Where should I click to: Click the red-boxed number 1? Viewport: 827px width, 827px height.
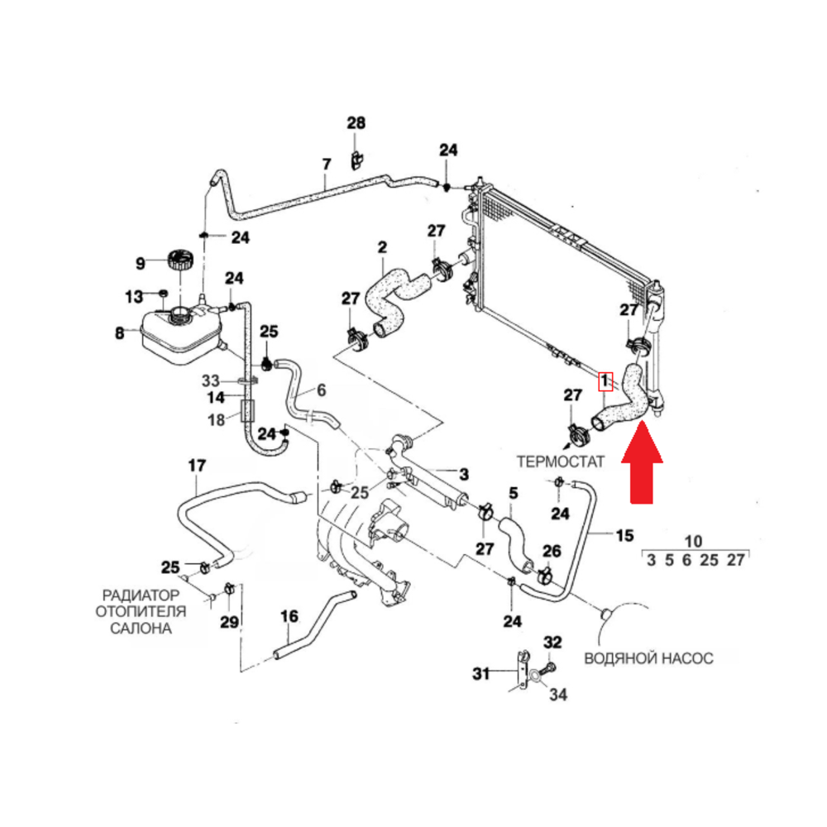tap(606, 381)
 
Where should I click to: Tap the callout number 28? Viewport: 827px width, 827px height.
tap(356, 123)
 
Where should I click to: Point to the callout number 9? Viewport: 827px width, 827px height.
tap(141, 264)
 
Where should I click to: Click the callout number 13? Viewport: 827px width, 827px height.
tap(134, 295)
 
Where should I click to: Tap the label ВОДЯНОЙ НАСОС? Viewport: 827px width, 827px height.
tap(648, 658)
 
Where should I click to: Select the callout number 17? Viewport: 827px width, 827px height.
tap(196, 466)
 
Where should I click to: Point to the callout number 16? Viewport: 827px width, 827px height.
tap(289, 616)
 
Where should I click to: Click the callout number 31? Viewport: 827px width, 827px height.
tap(481, 674)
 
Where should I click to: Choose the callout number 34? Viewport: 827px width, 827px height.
tap(559, 696)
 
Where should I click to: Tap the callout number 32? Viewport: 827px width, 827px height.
tap(552, 642)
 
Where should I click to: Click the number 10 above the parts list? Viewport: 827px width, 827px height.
tap(694, 541)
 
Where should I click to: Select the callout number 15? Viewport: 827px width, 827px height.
tap(625, 535)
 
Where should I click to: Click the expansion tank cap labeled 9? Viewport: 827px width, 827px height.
tap(179, 259)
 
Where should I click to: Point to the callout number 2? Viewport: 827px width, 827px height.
tap(382, 246)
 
